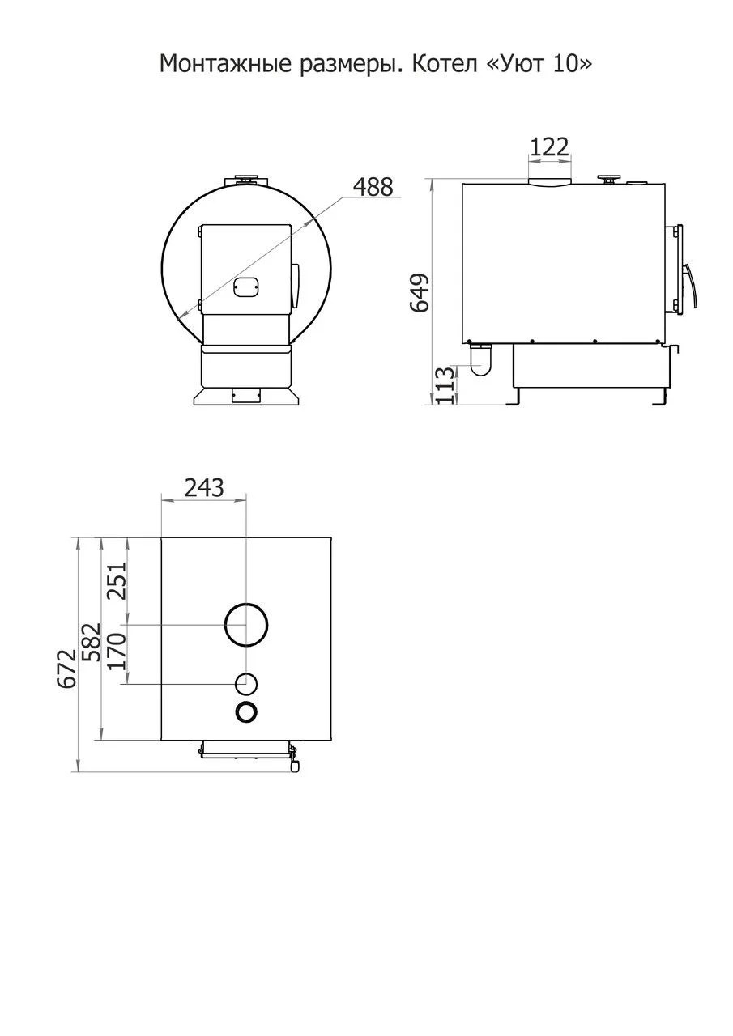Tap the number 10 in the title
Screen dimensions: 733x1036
(567, 63)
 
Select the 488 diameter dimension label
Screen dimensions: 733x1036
(373, 187)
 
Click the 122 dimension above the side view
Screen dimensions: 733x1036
(549, 147)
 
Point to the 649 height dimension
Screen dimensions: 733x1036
(420, 293)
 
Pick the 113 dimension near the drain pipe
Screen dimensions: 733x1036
(443, 385)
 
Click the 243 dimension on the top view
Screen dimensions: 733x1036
(204, 487)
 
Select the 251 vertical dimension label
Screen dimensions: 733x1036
(117, 580)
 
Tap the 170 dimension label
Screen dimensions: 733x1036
(116, 652)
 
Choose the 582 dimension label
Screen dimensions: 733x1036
(91, 642)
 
